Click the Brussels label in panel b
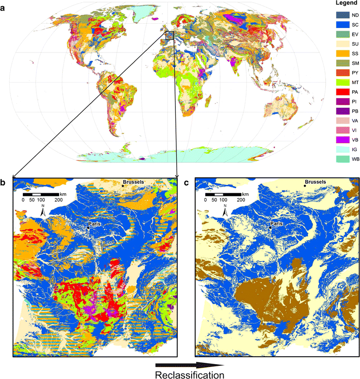point(135,181)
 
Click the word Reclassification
point(189,374)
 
